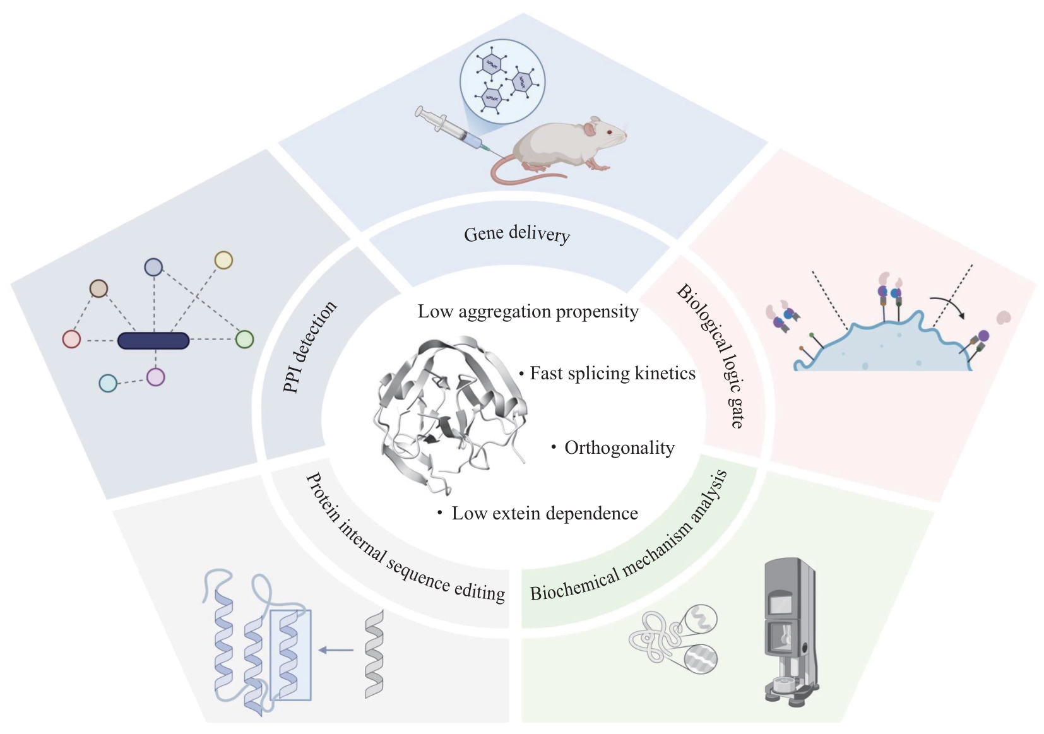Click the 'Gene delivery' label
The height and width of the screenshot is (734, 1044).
coord(516,234)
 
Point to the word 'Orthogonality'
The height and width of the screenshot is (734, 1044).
coord(619,448)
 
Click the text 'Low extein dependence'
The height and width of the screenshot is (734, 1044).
coord(544,514)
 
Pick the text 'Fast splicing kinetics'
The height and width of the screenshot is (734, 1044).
coord(612,373)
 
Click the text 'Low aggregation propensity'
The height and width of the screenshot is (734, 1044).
coord(528,312)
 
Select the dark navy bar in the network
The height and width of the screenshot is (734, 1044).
coord(153,341)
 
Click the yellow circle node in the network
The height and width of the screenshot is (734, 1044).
coord(223,260)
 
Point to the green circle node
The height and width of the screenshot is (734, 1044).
coord(244,340)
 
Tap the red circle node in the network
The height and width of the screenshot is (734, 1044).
coord(71,340)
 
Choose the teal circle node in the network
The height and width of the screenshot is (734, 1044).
coord(108,383)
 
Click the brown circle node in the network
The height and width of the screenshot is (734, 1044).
coord(98,289)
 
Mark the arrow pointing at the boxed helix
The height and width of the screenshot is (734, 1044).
coord(336,649)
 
